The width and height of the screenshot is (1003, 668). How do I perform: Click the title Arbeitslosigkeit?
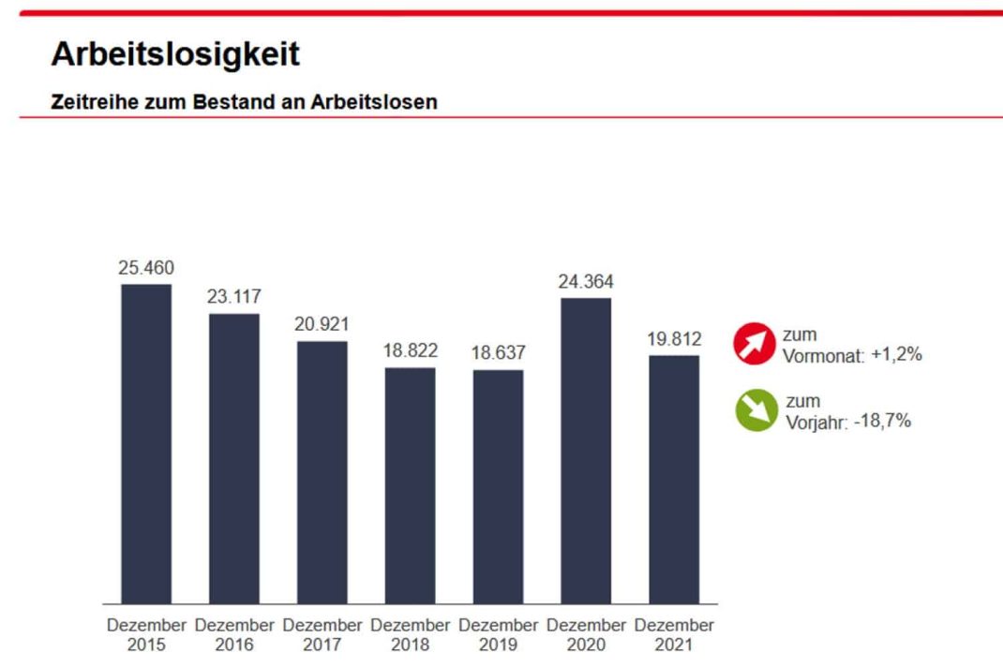click(175, 54)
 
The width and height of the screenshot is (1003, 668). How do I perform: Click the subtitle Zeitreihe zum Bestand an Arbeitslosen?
click(244, 102)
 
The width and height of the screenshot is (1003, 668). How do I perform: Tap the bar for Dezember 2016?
click(234, 458)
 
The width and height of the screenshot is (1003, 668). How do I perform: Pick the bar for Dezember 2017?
click(322, 472)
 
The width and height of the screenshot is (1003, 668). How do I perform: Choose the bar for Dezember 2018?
click(411, 485)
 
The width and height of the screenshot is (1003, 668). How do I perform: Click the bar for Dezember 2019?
click(499, 486)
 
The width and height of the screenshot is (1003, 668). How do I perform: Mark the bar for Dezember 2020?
click(586, 451)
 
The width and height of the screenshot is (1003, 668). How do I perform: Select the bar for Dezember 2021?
click(674, 479)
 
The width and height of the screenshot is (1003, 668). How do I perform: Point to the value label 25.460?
click(146, 268)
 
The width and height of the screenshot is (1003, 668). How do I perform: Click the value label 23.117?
click(234, 297)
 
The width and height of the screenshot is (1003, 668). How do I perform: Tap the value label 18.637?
click(499, 353)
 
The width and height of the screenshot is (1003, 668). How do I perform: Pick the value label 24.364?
click(586, 282)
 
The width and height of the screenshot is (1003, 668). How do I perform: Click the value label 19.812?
click(674, 339)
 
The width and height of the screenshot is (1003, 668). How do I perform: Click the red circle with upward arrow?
click(756, 344)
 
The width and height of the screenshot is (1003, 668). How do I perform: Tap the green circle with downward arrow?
click(756, 410)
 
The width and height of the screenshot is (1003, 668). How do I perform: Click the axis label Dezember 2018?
click(411, 634)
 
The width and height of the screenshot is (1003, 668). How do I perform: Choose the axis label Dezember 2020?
click(586, 634)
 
